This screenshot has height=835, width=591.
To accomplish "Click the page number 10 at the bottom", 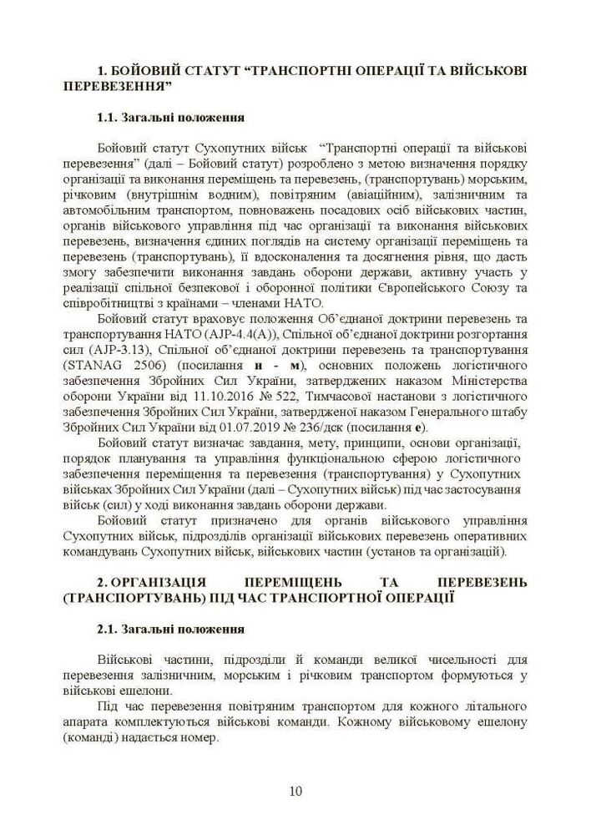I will pyautogui.click(x=295, y=791).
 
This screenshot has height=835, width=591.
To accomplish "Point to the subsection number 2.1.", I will pyautogui.click(x=111, y=628).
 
